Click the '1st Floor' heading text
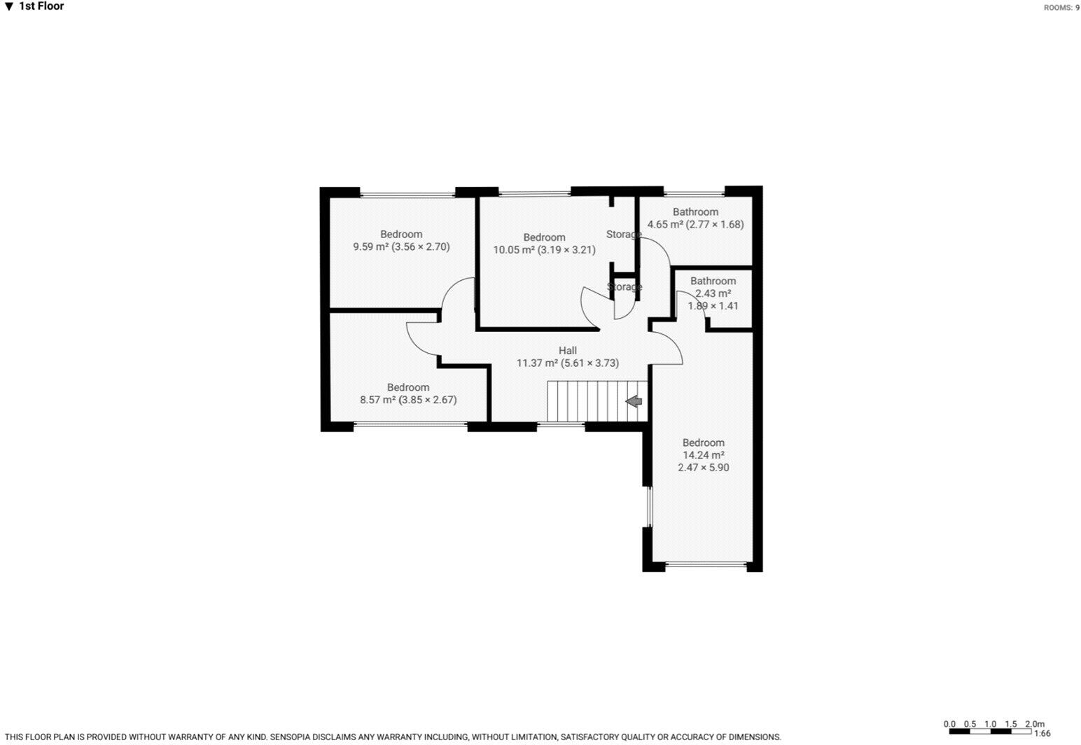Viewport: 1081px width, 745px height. (x=41, y=6)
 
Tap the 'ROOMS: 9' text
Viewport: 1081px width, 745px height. (x=1061, y=8)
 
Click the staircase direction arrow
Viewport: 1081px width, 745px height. (x=634, y=401)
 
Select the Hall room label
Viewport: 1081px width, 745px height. (x=568, y=351)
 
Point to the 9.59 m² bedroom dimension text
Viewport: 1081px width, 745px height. (x=401, y=246)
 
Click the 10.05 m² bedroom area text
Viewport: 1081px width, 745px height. (x=544, y=250)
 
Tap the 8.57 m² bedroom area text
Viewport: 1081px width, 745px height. (x=408, y=400)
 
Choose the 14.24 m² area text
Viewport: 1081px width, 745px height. (x=704, y=455)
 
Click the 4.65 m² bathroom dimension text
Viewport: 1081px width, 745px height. (x=695, y=225)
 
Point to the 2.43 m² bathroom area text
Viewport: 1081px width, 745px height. (x=713, y=293)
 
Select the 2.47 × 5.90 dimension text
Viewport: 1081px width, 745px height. (x=704, y=468)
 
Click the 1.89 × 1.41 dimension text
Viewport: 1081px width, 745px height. (x=713, y=306)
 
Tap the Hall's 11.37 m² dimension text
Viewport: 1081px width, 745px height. (x=568, y=363)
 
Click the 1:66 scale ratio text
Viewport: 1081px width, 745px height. (x=1042, y=733)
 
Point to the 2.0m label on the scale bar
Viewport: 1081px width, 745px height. (x=1035, y=724)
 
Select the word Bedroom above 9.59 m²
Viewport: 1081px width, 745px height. (x=401, y=234)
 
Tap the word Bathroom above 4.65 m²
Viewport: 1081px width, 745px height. (x=695, y=212)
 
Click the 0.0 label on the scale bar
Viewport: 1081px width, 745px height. (x=949, y=724)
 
